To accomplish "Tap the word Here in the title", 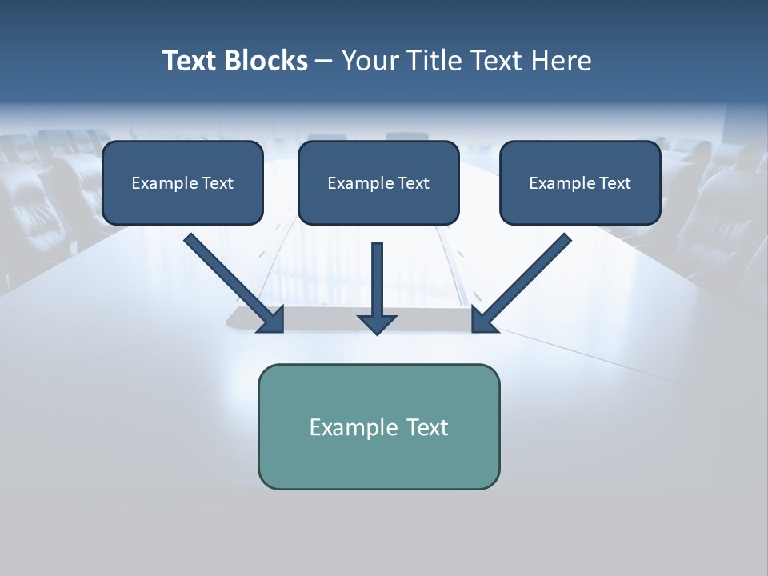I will click(x=562, y=61).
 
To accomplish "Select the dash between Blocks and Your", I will click(x=324, y=62).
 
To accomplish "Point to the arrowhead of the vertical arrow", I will click(x=377, y=323).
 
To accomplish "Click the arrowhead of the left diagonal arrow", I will click(x=272, y=320).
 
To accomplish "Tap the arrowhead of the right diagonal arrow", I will click(x=483, y=320).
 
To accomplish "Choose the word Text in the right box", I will click(x=615, y=183).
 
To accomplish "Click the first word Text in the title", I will click(x=189, y=61).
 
